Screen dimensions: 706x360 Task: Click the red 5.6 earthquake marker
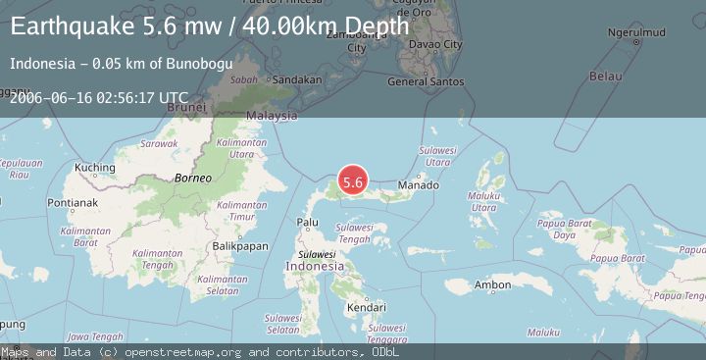pyautogui.click(x=353, y=181)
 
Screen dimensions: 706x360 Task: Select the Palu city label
pyautogui.click(x=308, y=223)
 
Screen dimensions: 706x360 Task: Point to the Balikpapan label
pyautogui.click(x=240, y=246)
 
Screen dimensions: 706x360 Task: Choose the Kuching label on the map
pyautogui.click(x=94, y=167)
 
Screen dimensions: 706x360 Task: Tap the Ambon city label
pyautogui.click(x=492, y=285)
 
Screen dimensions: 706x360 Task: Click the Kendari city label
pyautogui.click(x=365, y=308)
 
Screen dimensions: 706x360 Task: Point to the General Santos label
pyautogui.click(x=425, y=81)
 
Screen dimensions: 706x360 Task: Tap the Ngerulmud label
pyautogui.click(x=637, y=34)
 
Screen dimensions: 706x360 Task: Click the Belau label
pyautogui.click(x=611, y=75)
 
